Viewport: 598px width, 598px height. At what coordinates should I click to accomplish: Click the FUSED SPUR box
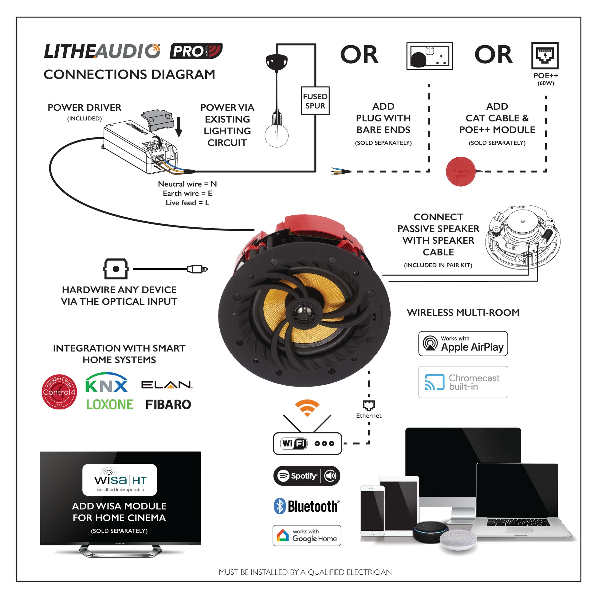tap(315, 101)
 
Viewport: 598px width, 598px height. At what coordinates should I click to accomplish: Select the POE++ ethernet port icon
tap(545, 56)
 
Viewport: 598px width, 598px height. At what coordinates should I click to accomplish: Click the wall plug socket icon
tap(430, 56)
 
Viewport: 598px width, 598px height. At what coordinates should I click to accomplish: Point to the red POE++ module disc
tap(460, 171)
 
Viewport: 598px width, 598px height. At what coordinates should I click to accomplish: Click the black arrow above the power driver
tap(179, 127)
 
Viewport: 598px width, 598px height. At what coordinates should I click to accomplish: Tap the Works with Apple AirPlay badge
tap(463, 344)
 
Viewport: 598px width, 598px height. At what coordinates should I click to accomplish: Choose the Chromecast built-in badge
tap(463, 382)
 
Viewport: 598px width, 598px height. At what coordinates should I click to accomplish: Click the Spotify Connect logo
tap(306, 476)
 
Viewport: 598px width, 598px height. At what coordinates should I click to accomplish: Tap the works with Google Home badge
tap(306, 536)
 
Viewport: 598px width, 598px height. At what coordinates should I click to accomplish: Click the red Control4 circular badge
tap(59, 392)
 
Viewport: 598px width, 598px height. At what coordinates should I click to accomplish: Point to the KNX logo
tap(106, 383)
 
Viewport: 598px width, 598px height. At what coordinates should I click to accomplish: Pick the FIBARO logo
tap(168, 404)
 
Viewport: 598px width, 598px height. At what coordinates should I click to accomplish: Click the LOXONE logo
tap(110, 404)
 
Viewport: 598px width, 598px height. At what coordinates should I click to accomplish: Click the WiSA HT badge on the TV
tap(120, 480)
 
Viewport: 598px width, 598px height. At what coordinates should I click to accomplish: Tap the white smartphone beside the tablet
tap(372, 511)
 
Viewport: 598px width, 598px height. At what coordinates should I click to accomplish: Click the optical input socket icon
tap(116, 269)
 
